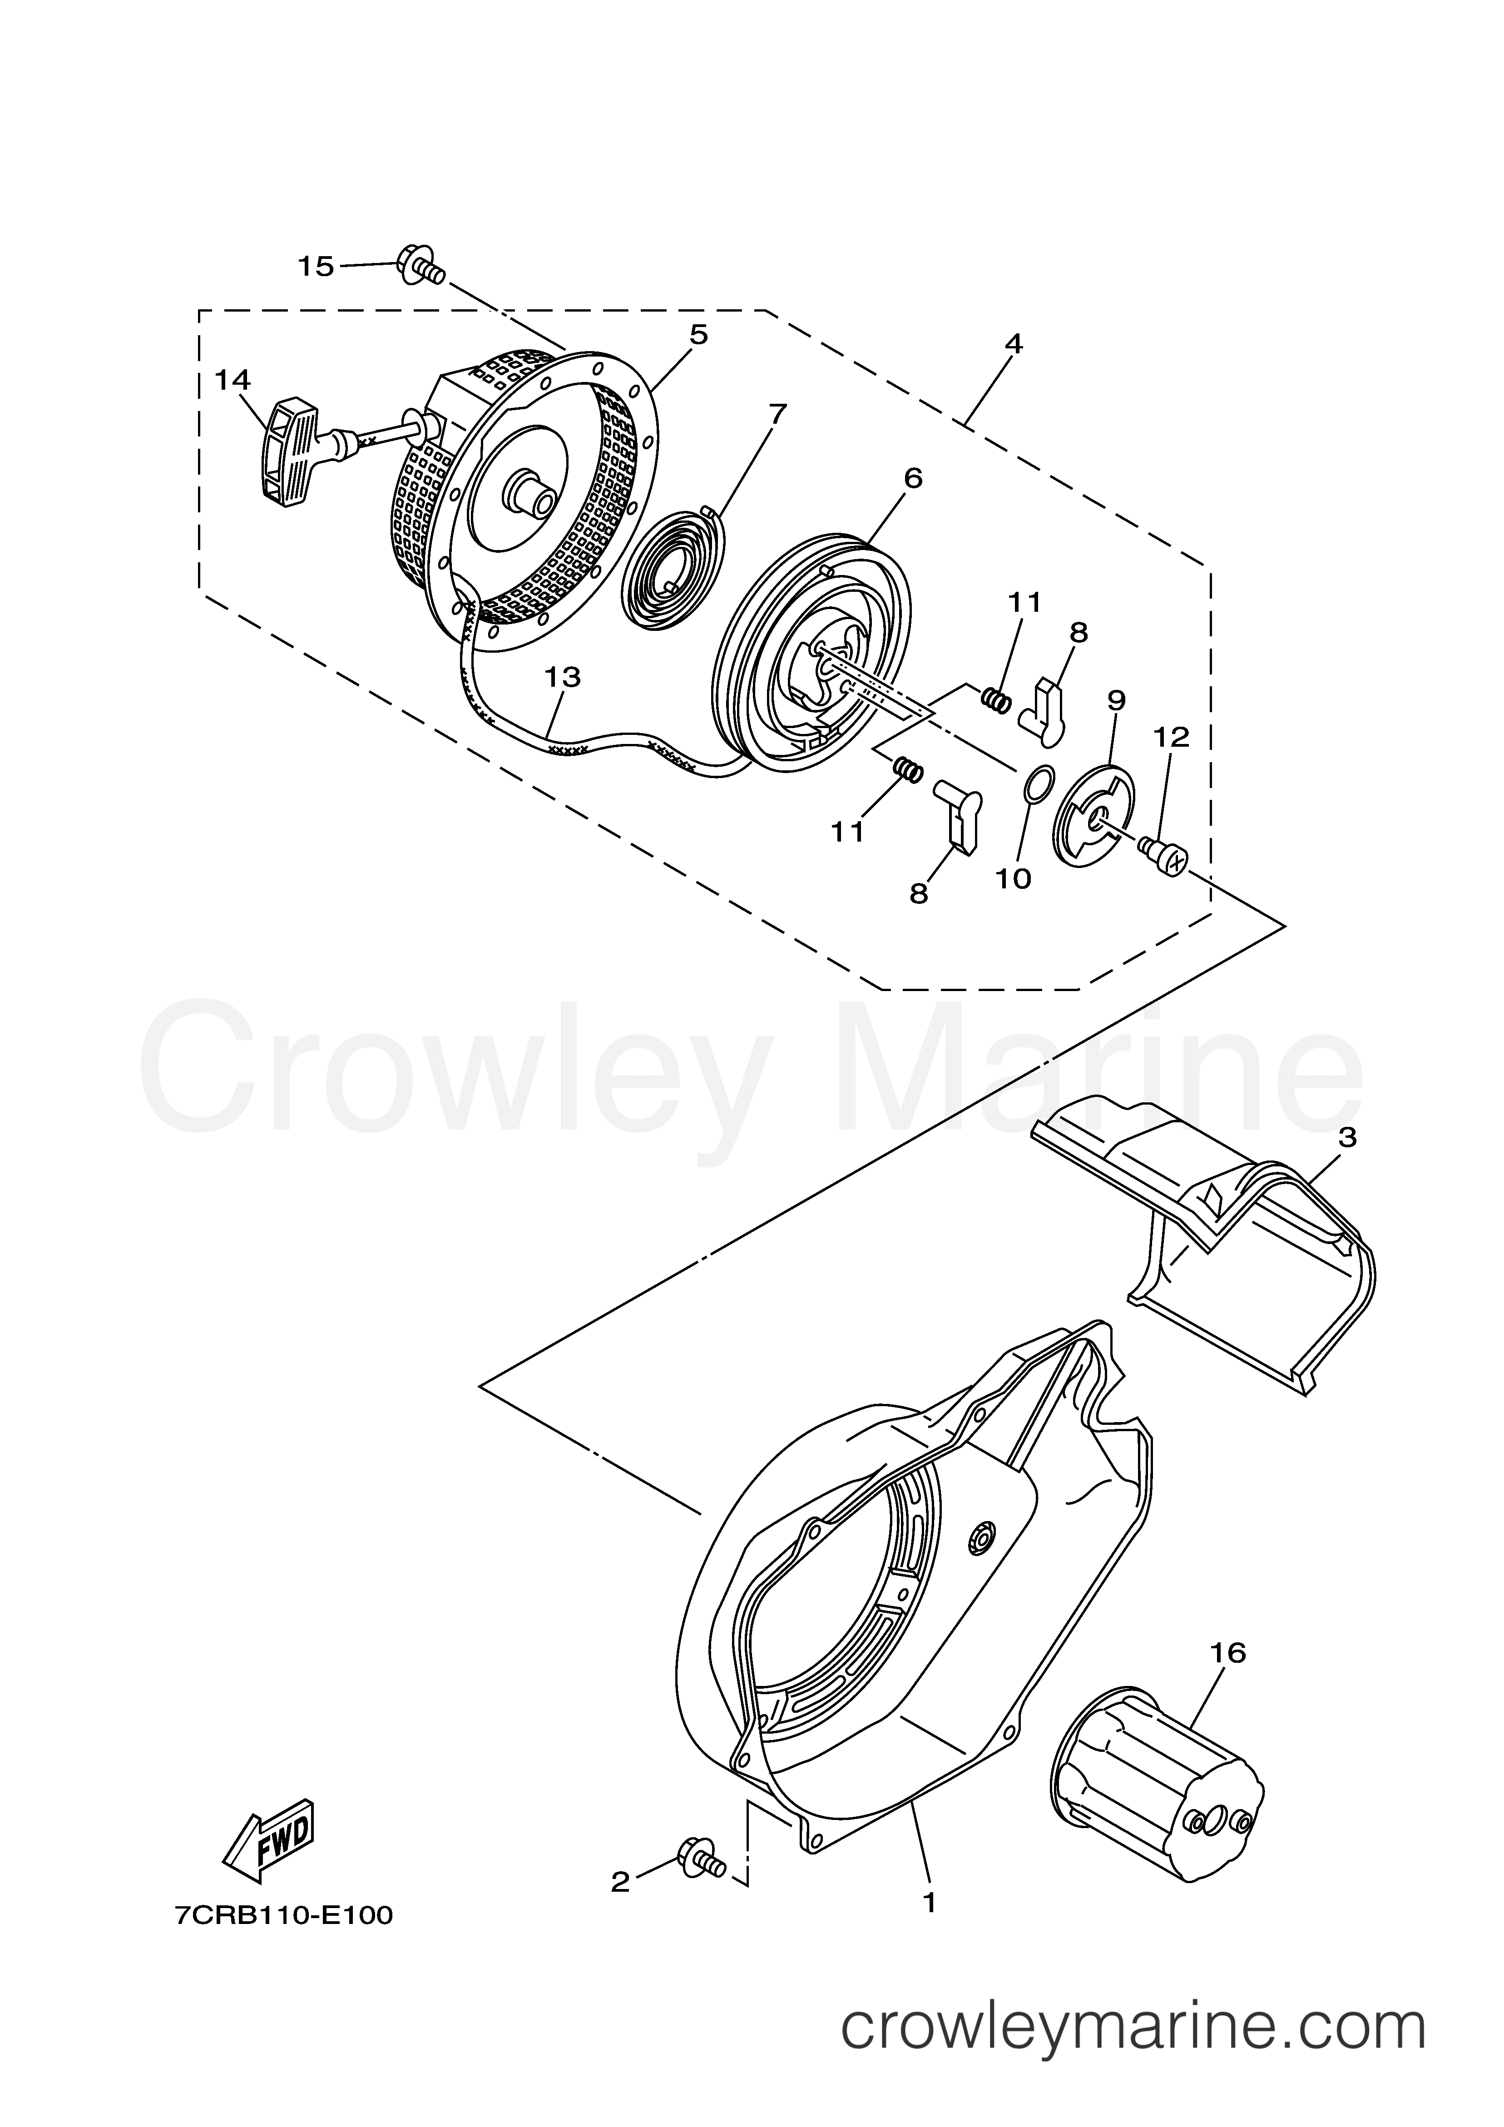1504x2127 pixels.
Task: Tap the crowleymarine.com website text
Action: [1133, 2029]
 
